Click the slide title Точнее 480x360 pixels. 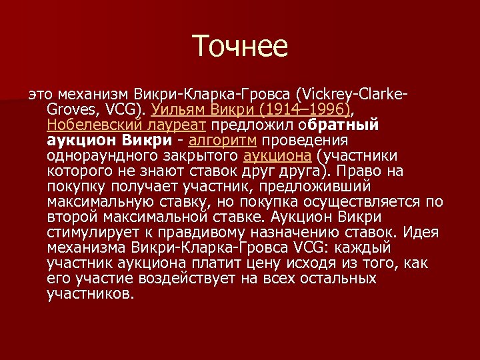tap(240, 47)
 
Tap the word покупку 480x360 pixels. tap(75, 187)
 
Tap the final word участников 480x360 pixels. tap(91, 294)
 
